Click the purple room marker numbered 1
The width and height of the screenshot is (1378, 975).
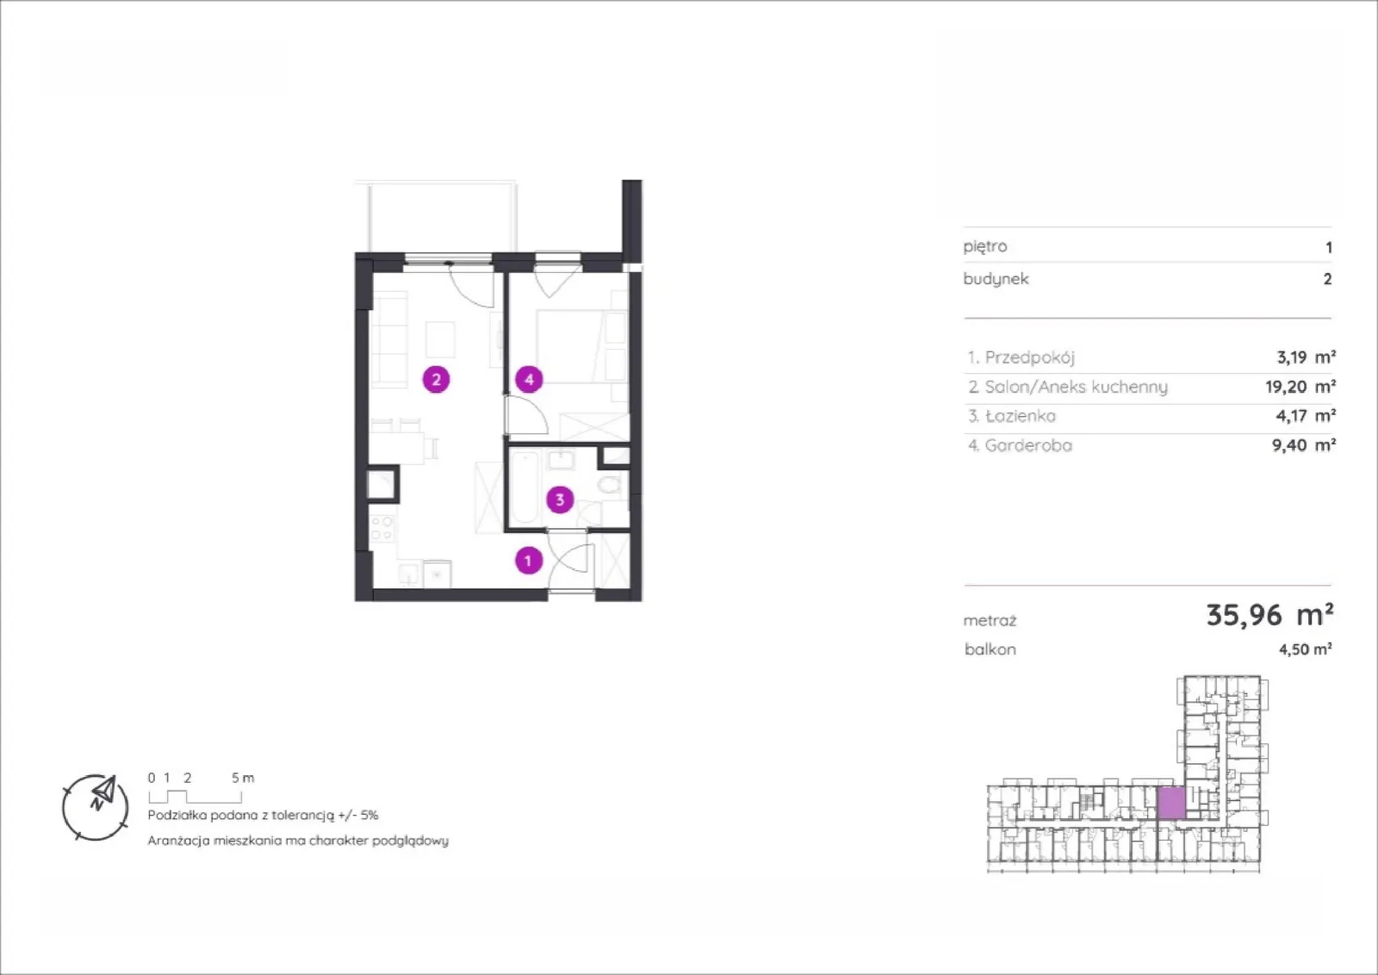click(x=529, y=561)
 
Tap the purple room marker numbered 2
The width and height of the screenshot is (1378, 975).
click(x=436, y=379)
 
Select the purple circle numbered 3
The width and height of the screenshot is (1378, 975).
click(x=560, y=500)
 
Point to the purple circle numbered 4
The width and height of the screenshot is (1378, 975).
click(x=529, y=380)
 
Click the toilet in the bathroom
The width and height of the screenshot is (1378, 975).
click(x=611, y=485)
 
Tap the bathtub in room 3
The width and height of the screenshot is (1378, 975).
click(x=525, y=487)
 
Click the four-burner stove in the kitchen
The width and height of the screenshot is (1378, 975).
click(x=382, y=528)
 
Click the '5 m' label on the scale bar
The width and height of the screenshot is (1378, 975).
click(x=242, y=778)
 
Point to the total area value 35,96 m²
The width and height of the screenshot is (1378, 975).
click(x=1269, y=614)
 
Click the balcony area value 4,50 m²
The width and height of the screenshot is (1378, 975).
click(x=1306, y=649)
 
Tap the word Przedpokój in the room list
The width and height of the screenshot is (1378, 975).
click(x=1030, y=357)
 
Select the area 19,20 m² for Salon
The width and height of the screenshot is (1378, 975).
click(x=1300, y=387)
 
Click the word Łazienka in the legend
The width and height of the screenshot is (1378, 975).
click(x=1021, y=416)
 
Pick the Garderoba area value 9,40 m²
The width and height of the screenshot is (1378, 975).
click(x=1304, y=444)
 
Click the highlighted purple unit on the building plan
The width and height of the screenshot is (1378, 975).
click(x=1170, y=803)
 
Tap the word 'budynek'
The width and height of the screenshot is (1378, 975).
click(x=996, y=279)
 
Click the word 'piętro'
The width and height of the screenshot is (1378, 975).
click(x=985, y=246)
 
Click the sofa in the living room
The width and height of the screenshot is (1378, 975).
click(x=390, y=339)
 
